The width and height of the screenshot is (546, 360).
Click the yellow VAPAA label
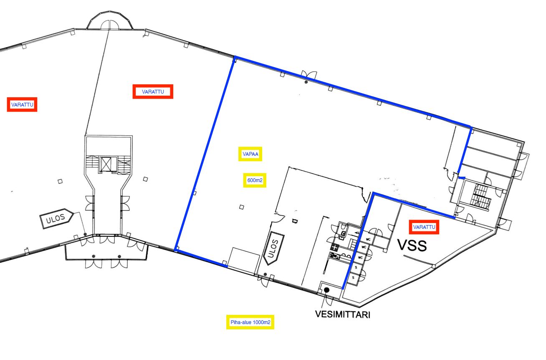[250, 154]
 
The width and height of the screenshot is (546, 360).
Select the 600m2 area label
[255, 180]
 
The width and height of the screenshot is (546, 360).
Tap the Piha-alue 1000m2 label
[250, 322]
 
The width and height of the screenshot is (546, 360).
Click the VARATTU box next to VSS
[424, 227]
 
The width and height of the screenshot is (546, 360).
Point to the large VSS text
[412, 246]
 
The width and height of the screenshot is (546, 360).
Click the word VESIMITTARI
[343, 314]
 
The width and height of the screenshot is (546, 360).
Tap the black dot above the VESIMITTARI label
[326, 290]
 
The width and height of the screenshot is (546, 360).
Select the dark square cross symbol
[334, 248]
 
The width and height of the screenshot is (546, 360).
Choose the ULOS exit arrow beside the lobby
[56, 218]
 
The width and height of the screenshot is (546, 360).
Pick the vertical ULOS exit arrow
[274, 248]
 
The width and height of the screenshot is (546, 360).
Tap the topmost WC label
[368, 239]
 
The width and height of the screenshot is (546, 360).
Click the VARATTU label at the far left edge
[22, 105]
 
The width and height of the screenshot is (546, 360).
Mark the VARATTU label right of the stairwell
[153, 92]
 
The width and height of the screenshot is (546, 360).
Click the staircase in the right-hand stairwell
[480, 197]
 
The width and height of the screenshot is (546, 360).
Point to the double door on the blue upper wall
[309, 74]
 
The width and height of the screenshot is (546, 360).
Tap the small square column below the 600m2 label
[242, 207]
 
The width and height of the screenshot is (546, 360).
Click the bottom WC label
[360, 258]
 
